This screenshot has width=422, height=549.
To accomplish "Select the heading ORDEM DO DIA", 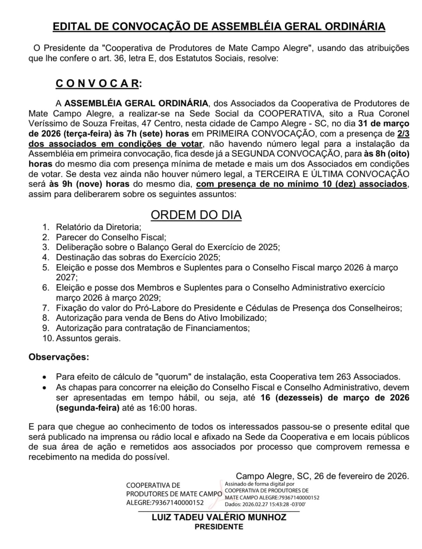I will tap(196, 215).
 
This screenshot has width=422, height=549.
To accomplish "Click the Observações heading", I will tap(59, 357).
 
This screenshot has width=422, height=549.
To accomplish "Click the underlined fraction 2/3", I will tap(403, 133).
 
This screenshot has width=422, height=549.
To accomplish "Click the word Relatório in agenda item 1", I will tap(77, 227).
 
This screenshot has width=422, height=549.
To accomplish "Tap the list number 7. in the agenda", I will tap(46, 308).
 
